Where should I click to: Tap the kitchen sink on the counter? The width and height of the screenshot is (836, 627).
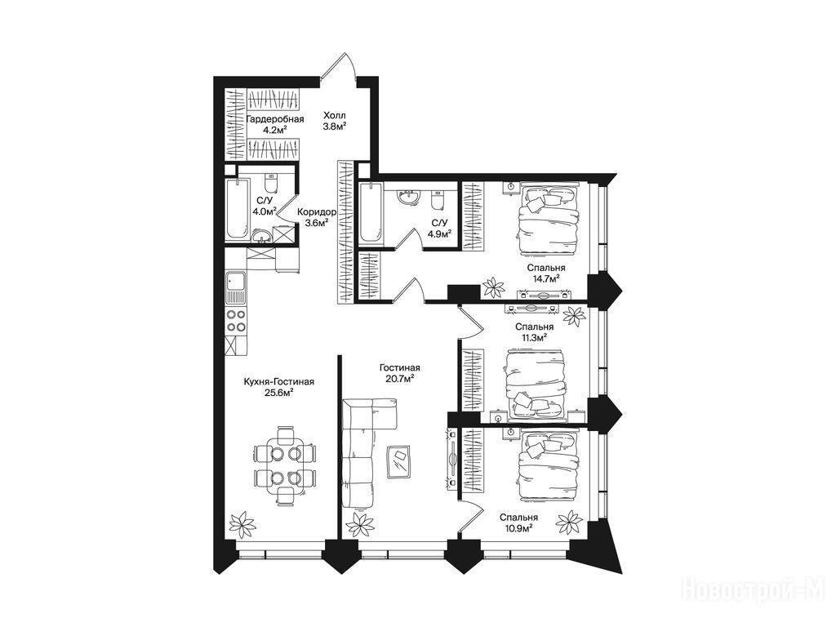pyautogui.click(x=235, y=288)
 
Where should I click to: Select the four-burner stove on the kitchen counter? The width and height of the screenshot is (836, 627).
pyautogui.click(x=236, y=321)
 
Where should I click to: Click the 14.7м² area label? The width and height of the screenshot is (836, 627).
pyautogui.click(x=545, y=279)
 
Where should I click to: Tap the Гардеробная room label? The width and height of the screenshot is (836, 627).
pyautogui.click(x=275, y=119)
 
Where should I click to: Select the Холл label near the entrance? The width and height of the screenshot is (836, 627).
pyautogui.click(x=334, y=115)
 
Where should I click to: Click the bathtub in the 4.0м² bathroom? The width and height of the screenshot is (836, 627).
pyautogui.click(x=237, y=209)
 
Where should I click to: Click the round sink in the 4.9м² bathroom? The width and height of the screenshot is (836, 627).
pyautogui.click(x=409, y=198)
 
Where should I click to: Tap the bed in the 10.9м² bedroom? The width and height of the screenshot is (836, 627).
pyautogui.click(x=548, y=464)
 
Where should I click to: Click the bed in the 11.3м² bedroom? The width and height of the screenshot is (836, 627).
pyautogui.click(x=534, y=384)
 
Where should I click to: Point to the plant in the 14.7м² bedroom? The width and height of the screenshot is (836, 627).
pyautogui.click(x=493, y=288)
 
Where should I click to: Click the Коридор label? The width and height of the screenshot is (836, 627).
pyautogui.click(x=316, y=211)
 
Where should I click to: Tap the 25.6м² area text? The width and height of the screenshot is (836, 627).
pyautogui.click(x=279, y=394)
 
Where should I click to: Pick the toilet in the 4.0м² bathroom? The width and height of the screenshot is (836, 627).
pyautogui.click(x=271, y=183)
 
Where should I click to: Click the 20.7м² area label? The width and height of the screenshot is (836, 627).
pyautogui.click(x=400, y=379)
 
